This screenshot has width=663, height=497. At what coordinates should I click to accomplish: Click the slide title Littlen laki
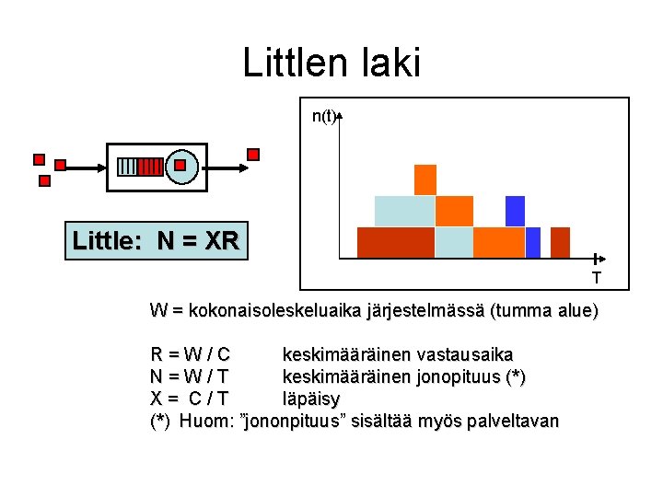pos(331,63)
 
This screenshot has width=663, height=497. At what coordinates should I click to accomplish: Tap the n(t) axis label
pos(323,116)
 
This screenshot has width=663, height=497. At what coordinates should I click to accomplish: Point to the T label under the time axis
pos(596,277)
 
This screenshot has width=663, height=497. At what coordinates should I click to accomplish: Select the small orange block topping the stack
pos(425,179)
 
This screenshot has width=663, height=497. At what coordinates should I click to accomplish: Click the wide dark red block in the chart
pos(395,242)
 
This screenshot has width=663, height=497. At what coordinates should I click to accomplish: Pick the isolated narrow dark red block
pos(560,242)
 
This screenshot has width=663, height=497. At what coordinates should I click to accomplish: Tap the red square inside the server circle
pos(180,167)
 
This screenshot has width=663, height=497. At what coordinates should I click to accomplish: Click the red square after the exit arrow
pos(253,154)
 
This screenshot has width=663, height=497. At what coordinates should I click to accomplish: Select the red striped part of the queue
pos(150,167)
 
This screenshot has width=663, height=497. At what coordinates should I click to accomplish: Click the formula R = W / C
pos(191,354)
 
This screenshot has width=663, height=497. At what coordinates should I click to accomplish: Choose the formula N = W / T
pos(190,376)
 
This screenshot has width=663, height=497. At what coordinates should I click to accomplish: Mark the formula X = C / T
pos(190,399)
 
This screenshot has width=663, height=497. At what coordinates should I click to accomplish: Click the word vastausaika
pos(465,354)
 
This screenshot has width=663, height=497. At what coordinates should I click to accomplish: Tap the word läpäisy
pos(310,399)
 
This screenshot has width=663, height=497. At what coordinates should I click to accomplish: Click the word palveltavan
pos(513,422)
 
